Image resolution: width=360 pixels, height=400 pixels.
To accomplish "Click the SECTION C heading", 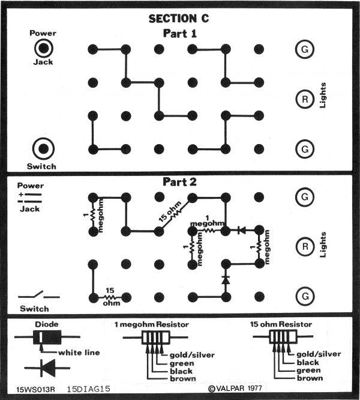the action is (x=179, y=19).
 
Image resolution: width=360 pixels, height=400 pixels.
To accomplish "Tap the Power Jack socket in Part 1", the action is (x=44, y=48).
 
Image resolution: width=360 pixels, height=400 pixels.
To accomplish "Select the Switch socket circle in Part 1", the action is (x=43, y=149).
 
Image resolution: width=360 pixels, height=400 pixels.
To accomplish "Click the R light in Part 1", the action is (x=305, y=99).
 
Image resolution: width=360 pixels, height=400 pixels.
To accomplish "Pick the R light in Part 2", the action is (x=305, y=247).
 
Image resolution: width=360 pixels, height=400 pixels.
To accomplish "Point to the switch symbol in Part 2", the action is (x=39, y=295).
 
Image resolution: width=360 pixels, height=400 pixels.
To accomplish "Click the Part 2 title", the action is (x=179, y=182).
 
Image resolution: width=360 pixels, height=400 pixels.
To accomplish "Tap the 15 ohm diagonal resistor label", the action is (x=169, y=211).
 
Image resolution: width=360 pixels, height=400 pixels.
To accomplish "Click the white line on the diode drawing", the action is (x=41, y=338).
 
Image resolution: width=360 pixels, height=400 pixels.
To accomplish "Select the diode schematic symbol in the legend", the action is (x=47, y=368).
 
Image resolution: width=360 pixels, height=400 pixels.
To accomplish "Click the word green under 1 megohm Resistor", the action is (x=182, y=363).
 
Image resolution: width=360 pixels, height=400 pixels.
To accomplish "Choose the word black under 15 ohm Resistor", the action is (x=308, y=362).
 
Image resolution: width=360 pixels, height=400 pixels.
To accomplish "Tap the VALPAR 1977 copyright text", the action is (x=235, y=388).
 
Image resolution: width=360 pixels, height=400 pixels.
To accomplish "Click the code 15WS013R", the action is (x=35, y=390).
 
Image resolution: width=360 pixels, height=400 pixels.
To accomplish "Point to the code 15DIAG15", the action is (x=89, y=389).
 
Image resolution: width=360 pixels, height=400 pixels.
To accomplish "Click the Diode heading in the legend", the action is (x=47, y=324).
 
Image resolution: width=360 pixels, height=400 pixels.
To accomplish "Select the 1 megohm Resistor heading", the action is (x=152, y=324).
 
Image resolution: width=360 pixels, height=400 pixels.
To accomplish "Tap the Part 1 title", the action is (x=179, y=34).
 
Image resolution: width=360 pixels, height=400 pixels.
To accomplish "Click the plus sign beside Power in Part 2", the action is (x=21, y=195).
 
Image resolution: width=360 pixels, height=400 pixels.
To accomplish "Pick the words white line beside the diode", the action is (x=79, y=353).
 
